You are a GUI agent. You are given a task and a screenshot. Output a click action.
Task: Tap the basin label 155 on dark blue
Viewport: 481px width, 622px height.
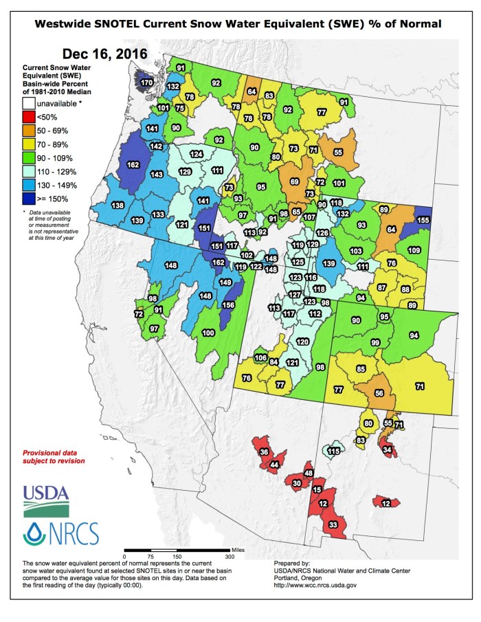pyautogui.click(x=423, y=220)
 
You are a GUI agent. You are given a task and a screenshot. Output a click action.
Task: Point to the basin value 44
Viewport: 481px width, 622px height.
pyautogui.click(x=274, y=465)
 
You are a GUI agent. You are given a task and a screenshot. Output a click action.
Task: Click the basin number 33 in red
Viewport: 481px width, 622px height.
pyautogui.click(x=333, y=524)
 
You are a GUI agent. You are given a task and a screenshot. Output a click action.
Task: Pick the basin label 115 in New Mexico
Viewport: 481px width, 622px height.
pyautogui.click(x=333, y=452)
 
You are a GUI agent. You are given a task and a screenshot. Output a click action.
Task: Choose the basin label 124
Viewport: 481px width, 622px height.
pyautogui.click(x=197, y=154)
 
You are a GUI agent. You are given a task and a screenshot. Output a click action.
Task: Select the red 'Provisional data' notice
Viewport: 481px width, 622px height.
pyautogui.click(x=54, y=457)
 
